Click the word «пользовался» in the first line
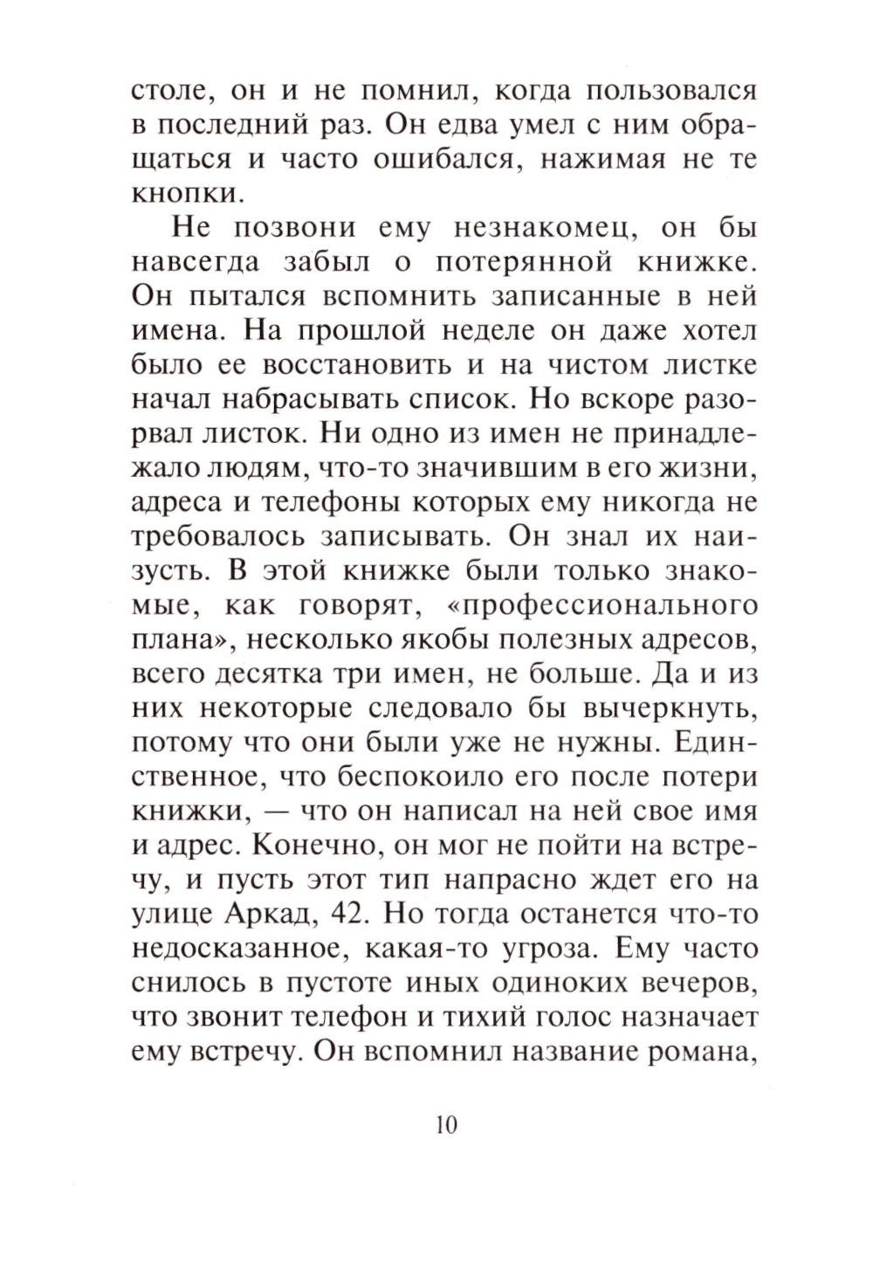pos(667,93)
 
